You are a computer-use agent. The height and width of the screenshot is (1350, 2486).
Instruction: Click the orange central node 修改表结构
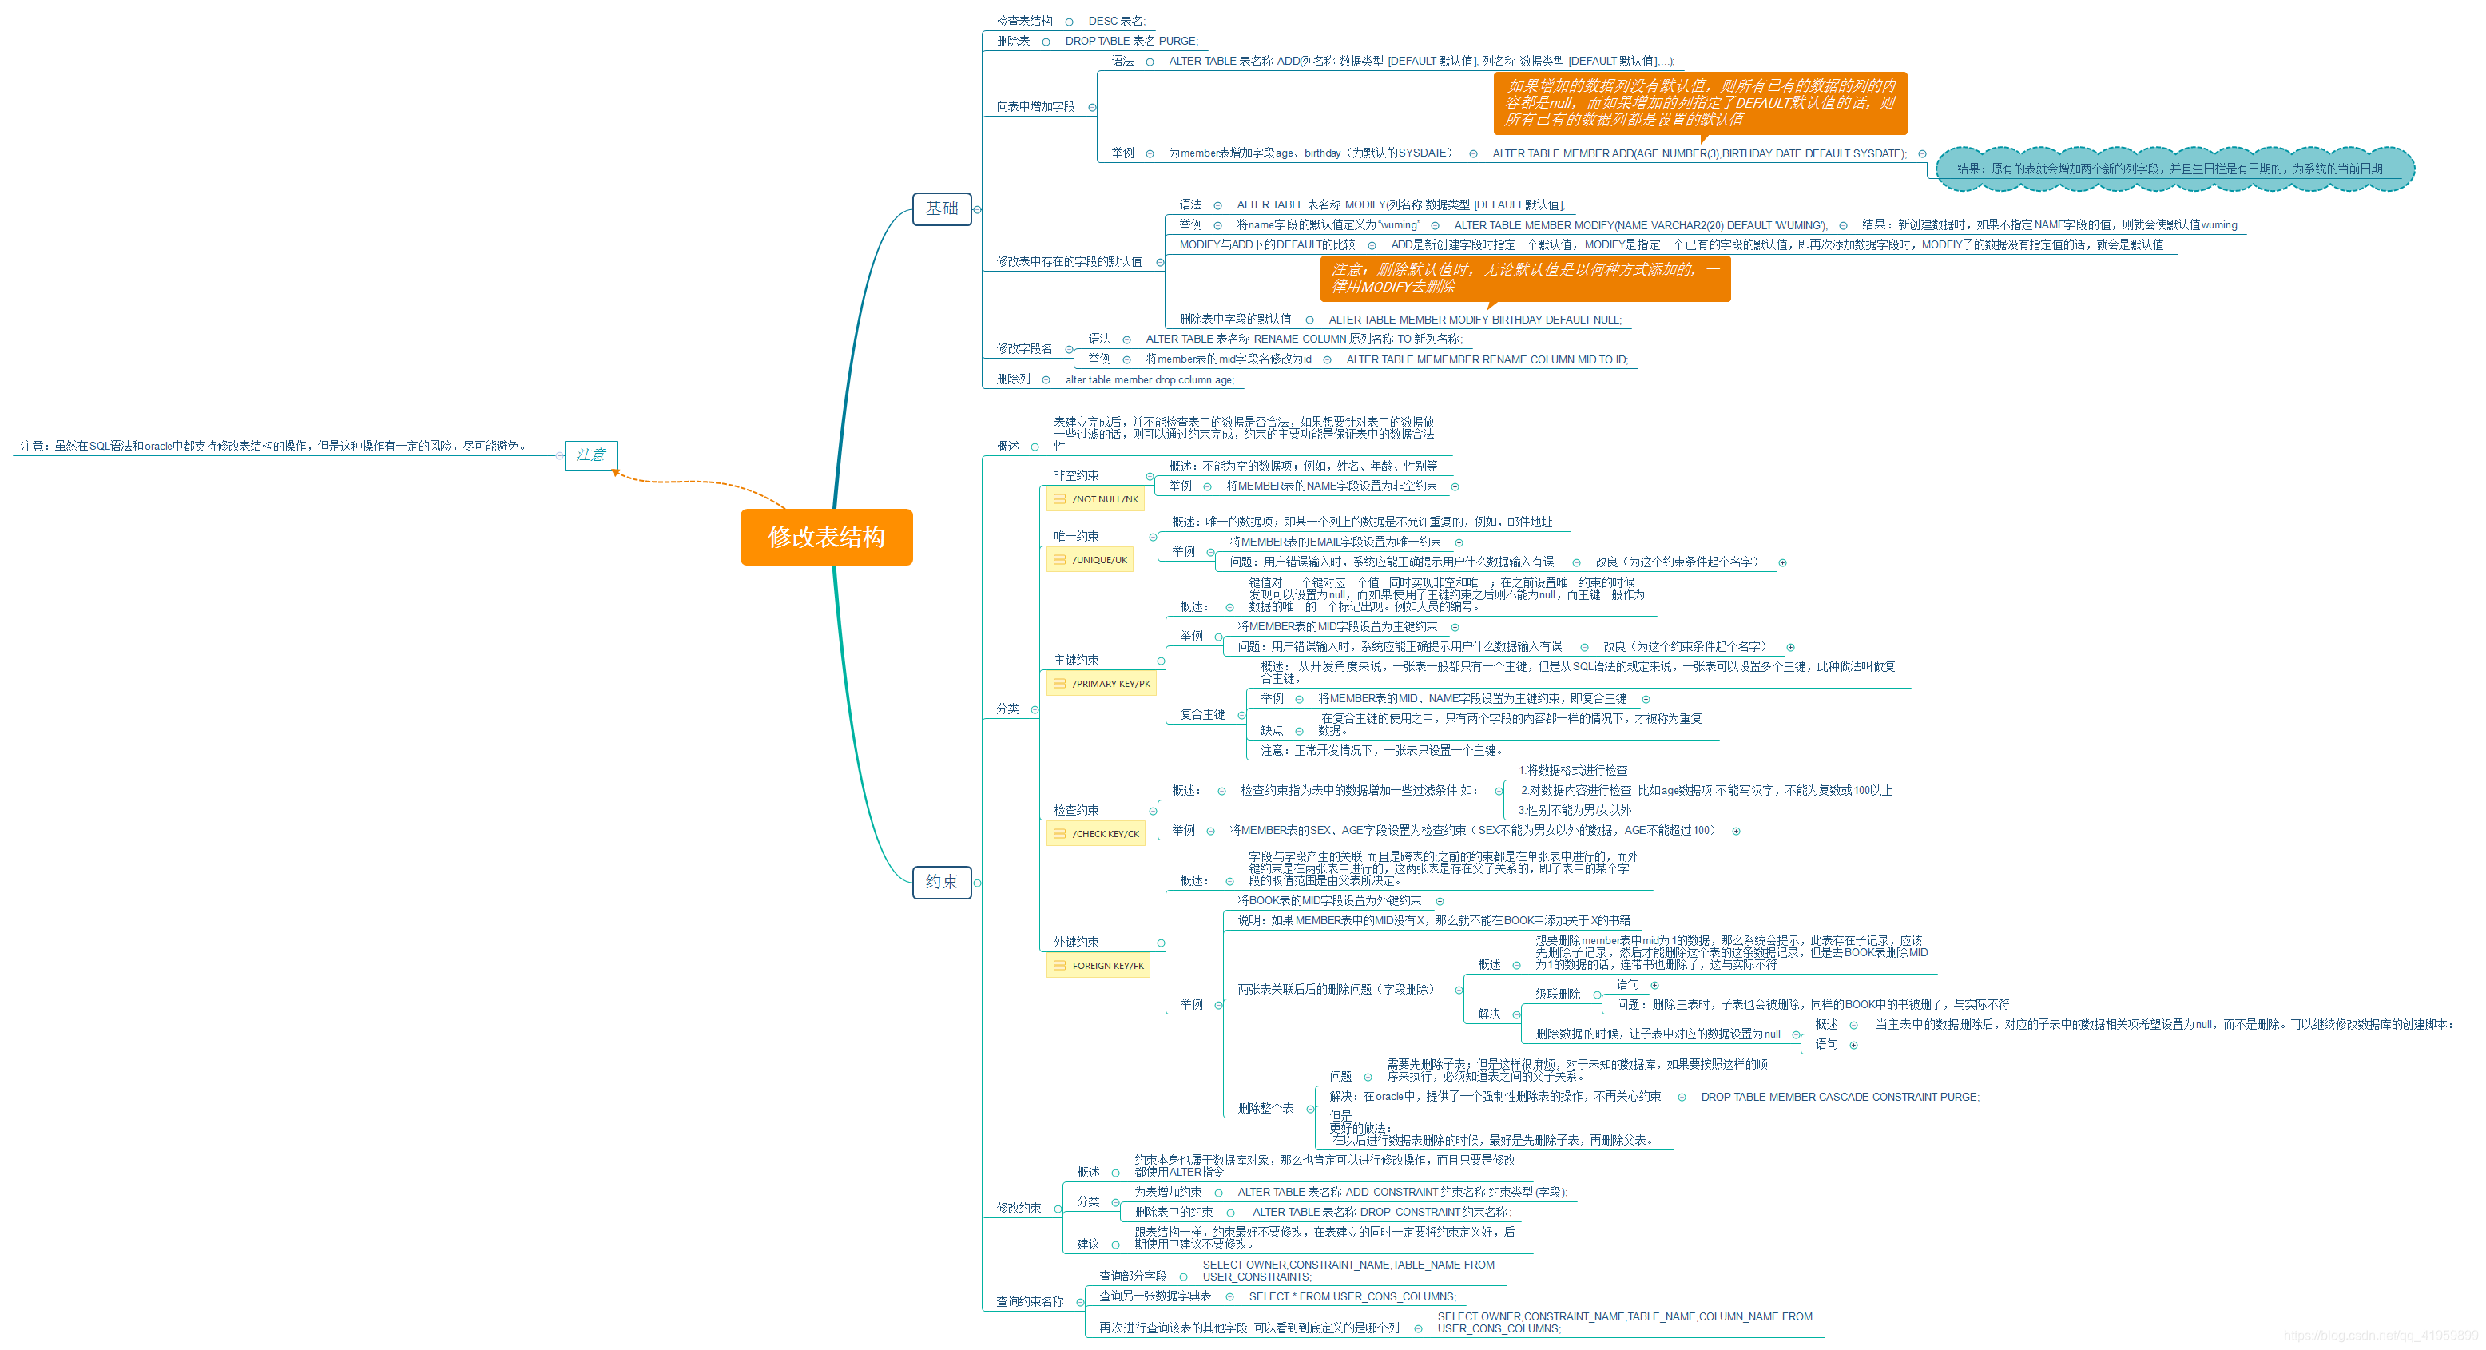pyautogui.click(x=826, y=537)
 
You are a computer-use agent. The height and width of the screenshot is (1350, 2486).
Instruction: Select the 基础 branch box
pyautogui.click(x=941, y=208)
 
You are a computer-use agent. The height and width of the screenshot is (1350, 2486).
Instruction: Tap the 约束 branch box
pyautogui.click(x=941, y=882)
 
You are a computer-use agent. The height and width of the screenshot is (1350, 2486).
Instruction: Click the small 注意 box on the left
pyautogui.click(x=590, y=455)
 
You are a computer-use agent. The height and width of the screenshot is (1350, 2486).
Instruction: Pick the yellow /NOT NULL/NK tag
pyautogui.click(x=1094, y=499)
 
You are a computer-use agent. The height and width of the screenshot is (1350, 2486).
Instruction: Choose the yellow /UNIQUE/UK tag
pyautogui.click(x=1090, y=560)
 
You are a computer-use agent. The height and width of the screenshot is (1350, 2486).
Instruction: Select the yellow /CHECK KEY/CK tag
pyautogui.click(x=1095, y=834)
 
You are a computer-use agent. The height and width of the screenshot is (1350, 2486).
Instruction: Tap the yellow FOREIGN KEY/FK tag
pyautogui.click(x=1098, y=965)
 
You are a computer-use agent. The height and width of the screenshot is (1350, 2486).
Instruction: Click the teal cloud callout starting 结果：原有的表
pyautogui.click(x=2174, y=169)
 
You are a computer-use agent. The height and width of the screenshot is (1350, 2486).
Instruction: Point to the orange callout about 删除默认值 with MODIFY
pyautogui.click(x=1525, y=278)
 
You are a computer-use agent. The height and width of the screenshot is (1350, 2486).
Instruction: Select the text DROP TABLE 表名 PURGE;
pyautogui.click(x=1131, y=41)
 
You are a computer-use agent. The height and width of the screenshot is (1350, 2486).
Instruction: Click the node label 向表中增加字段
pyautogui.click(x=1035, y=106)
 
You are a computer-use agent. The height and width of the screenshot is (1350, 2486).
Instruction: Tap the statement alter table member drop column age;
pyautogui.click(x=1150, y=380)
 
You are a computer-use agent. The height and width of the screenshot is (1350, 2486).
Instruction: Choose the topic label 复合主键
pyautogui.click(x=1201, y=714)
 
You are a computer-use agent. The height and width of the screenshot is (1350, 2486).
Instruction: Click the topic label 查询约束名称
pyautogui.click(x=1029, y=1302)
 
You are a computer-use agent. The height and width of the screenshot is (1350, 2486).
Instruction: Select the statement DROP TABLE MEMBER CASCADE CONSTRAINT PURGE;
pyautogui.click(x=1840, y=1098)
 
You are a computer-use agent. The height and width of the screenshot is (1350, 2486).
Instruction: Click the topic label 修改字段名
pyautogui.click(x=1024, y=348)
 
